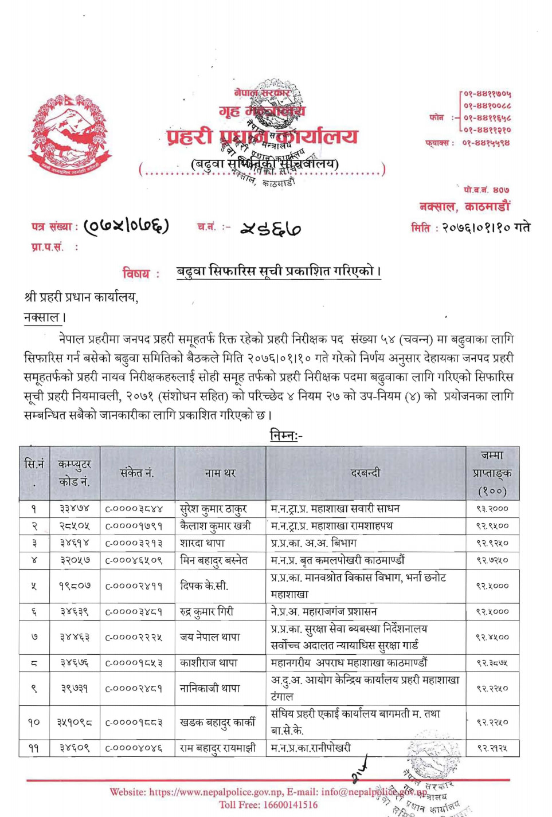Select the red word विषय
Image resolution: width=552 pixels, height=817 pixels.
pyautogui.click(x=136, y=273)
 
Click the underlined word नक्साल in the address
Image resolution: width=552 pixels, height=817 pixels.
pyautogui.click(x=42, y=317)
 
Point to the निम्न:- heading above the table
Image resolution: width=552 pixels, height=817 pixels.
pyautogui.click(x=285, y=435)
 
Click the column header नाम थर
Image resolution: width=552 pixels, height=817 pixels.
pyautogui.click(x=220, y=473)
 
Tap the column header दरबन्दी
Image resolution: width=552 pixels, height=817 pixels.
pyautogui.click(x=365, y=473)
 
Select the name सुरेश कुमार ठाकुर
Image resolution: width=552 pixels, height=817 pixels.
pyautogui.click(x=213, y=509)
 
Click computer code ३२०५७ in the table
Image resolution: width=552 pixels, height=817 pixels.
pyautogui.click(x=75, y=560)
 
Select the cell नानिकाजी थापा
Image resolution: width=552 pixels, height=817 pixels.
pyautogui.click(x=210, y=688)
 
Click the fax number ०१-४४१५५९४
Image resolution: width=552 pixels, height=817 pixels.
pyautogui.click(x=486, y=143)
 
